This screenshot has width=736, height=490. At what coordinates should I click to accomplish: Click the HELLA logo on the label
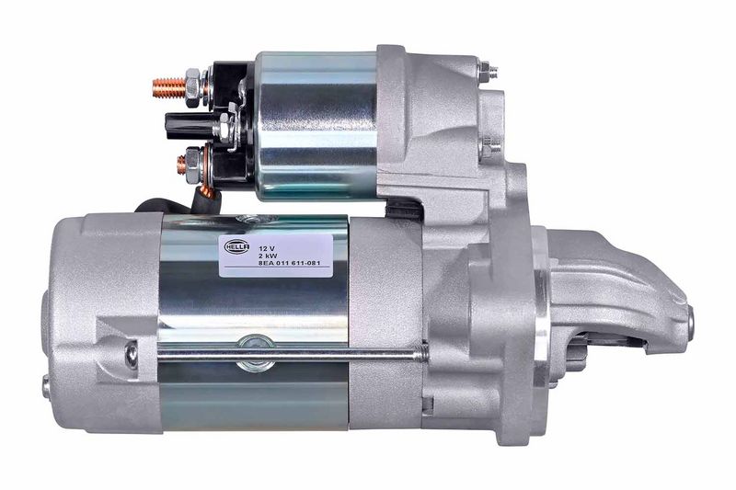(236, 246)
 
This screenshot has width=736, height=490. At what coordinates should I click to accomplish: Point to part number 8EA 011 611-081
(290, 264)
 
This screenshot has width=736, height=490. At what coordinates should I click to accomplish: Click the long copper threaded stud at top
(169, 87)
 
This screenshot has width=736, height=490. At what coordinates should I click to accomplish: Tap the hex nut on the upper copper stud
(193, 87)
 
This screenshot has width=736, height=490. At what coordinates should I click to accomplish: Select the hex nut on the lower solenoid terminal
(193, 165)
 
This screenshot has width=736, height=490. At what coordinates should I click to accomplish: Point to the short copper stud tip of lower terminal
(181, 165)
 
